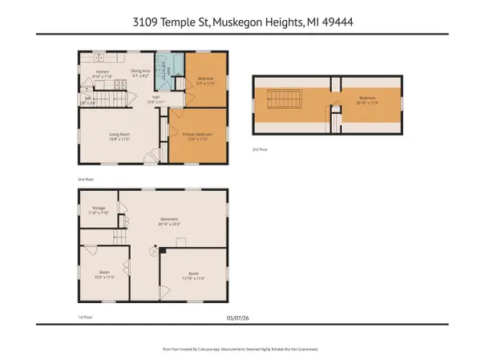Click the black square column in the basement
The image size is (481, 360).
(161, 250)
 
